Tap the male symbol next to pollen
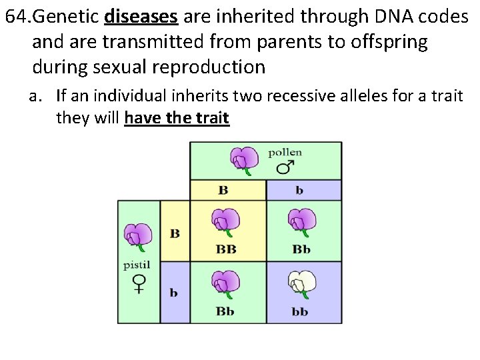click(285, 167)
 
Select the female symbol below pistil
click(139, 284)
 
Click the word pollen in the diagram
click(285, 152)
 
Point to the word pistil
click(137, 265)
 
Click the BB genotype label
click(226, 250)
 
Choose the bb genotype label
click(301, 311)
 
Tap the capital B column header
click(223, 191)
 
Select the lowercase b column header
click(299, 191)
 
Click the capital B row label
click(175, 233)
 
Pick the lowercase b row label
click(174, 293)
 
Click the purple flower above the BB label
click(225, 222)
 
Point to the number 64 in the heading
click(16, 16)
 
